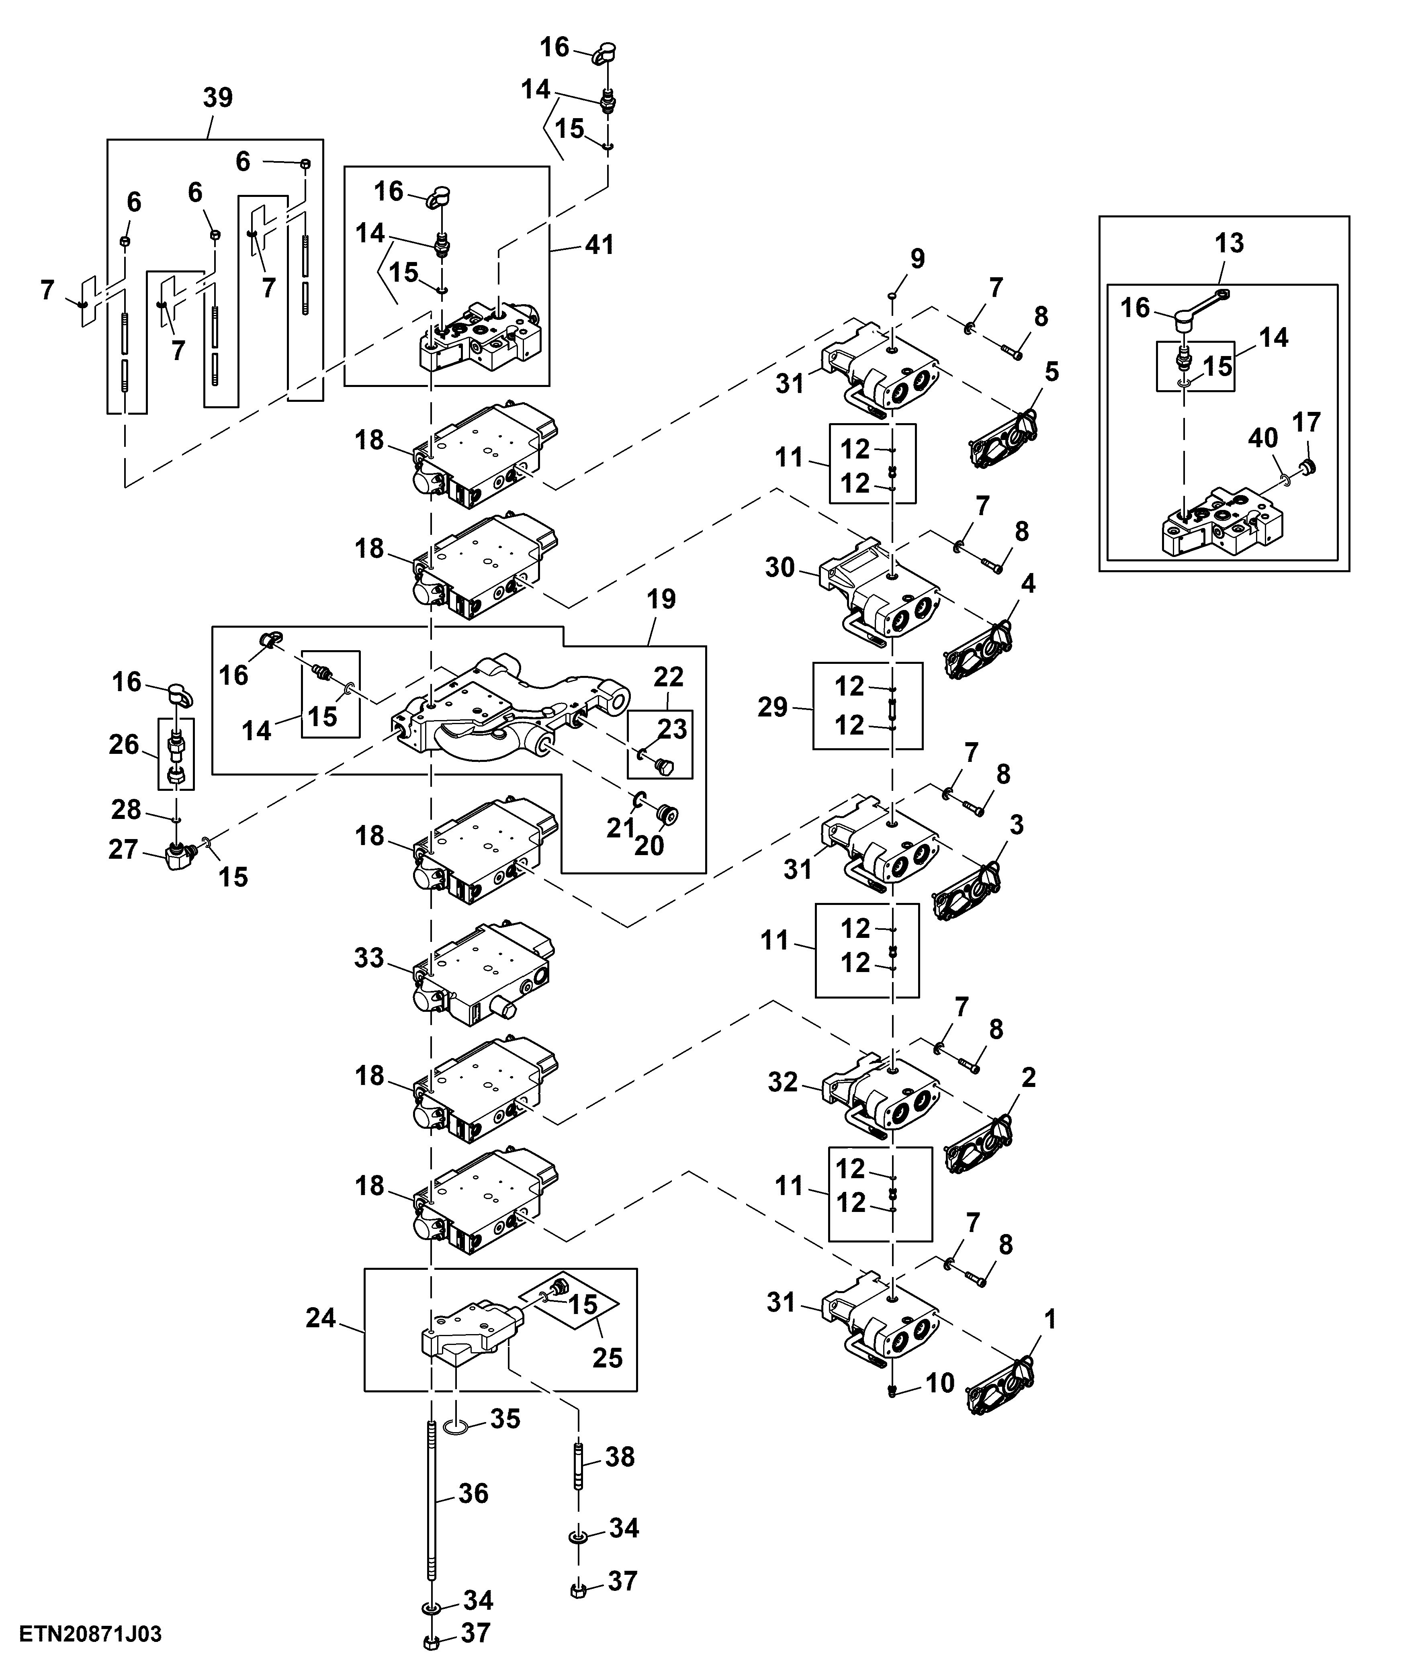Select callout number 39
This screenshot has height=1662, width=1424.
217,98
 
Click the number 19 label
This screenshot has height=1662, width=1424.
662,599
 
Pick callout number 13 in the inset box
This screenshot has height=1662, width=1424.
1229,243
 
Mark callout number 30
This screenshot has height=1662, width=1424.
780,568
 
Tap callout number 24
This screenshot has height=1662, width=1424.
321,1318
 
